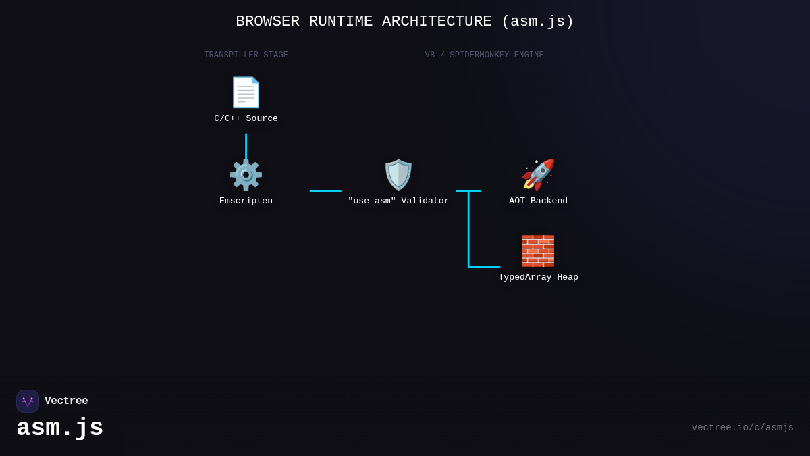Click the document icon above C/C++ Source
pos(246,93)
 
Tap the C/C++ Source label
pos(246,119)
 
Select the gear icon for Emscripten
pos(246,175)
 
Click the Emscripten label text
pos(246,201)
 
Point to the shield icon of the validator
pos(398,175)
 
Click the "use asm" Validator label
pos(398,201)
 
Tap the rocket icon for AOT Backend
pos(538,175)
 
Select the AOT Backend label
pos(538,201)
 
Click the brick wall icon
pos(538,251)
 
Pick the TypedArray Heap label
pos(538,278)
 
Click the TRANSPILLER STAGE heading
pos(246,55)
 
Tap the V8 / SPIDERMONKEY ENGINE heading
pos(484,55)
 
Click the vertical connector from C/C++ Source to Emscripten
pos(246,146)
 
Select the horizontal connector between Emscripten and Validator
pos(325,191)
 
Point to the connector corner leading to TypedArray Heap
pos(469,266)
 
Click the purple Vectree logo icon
pos(28,401)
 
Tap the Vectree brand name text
pos(66,401)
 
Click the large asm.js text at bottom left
pos(60,428)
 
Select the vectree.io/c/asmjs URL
pos(742,428)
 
